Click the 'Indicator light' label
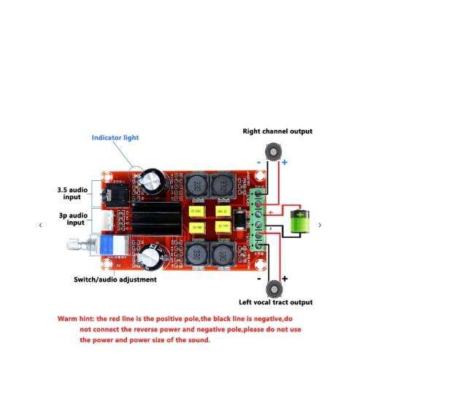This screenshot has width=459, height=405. [x=115, y=137]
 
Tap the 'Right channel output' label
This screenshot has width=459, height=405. [x=277, y=131]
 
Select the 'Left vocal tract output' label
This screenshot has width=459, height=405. [x=276, y=302]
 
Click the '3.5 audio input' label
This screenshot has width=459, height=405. [x=72, y=193]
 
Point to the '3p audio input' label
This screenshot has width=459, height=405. [x=73, y=219]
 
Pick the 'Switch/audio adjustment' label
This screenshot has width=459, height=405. [x=115, y=279]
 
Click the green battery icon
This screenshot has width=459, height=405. [x=301, y=223]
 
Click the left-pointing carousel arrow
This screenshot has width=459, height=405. [x=41, y=225]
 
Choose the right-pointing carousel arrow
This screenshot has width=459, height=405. [x=320, y=225]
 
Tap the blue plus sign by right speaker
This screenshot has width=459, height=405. [x=285, y=162]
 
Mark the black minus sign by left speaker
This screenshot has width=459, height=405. [x=259, y=278]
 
